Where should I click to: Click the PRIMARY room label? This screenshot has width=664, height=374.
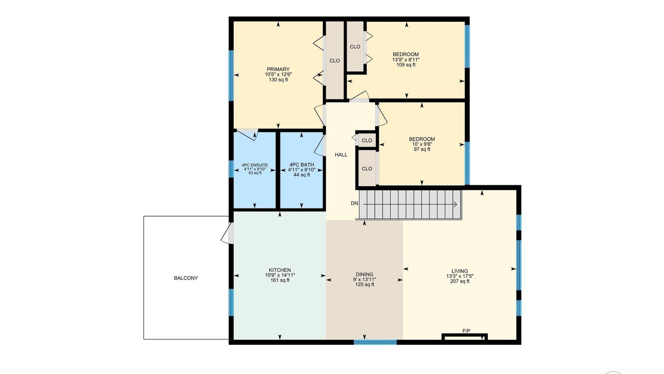(278, 69)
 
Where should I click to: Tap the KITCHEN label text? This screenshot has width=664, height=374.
(280, 270)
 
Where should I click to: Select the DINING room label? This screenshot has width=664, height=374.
(365, 274)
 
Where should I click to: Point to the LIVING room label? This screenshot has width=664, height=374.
(460, 271)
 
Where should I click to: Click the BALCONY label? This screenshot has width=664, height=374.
(186, 278)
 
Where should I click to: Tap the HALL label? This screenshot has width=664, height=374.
(341, 155)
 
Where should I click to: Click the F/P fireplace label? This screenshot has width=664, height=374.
(466, 331)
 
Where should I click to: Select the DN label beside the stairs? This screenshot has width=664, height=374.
(354, 203)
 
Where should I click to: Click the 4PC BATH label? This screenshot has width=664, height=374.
(302, 165)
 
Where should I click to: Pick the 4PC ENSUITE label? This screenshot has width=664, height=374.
(255, 165)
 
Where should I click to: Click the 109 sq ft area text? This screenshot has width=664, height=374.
(406, 65)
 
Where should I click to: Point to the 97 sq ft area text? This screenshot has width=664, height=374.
(422, 149)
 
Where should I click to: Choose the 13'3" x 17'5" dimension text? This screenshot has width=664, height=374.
(460, 276)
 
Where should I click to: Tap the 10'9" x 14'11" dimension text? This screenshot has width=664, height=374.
(280, 275)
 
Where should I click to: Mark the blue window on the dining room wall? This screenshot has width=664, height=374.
(375, 342)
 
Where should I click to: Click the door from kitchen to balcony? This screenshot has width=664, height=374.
(227, 233)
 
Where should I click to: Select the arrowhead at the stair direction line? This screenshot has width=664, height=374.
(456, 205)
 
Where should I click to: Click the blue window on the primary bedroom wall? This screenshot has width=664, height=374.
(231, 75)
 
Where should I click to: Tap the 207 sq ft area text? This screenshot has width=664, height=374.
(460, 281)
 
